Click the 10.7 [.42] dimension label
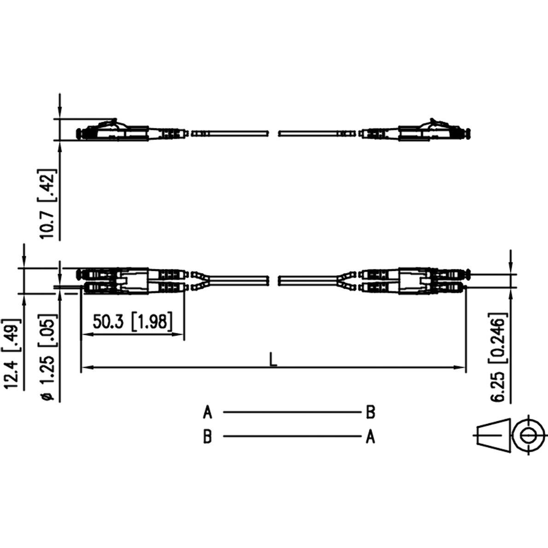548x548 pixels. tap(48, 204)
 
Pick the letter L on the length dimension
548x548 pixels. tap(273, 359)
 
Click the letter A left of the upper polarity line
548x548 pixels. tap(208, 412)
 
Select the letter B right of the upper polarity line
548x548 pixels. tap(370, 412)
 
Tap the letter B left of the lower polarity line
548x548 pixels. tap(208, 437)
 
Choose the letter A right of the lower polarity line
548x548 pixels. tap(370, 437)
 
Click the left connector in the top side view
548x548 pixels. tap(129, 131)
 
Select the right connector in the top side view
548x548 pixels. tap(417, 131)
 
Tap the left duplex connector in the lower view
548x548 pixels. tap(131, 281)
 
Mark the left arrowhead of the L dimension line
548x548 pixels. tap(86, 367)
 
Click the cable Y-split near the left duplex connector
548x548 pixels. tap(200, 280)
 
